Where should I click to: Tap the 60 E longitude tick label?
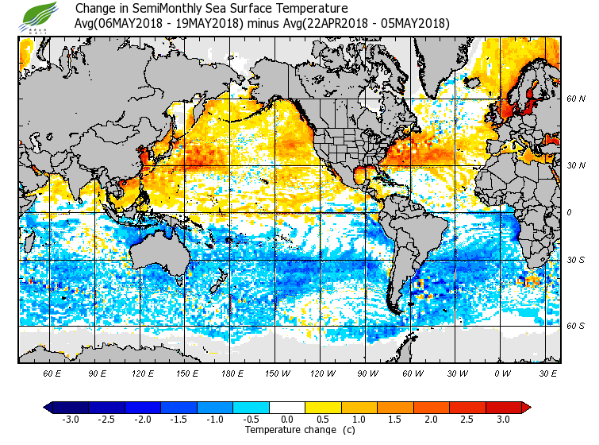(52, 373)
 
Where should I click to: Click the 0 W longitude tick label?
(502, 373)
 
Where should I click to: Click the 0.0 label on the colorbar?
(287, 420)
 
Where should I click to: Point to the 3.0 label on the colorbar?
(503, 420)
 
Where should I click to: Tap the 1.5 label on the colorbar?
(395, 420)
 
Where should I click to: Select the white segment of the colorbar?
(287, 407)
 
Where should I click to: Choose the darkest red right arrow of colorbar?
(526, 407)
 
